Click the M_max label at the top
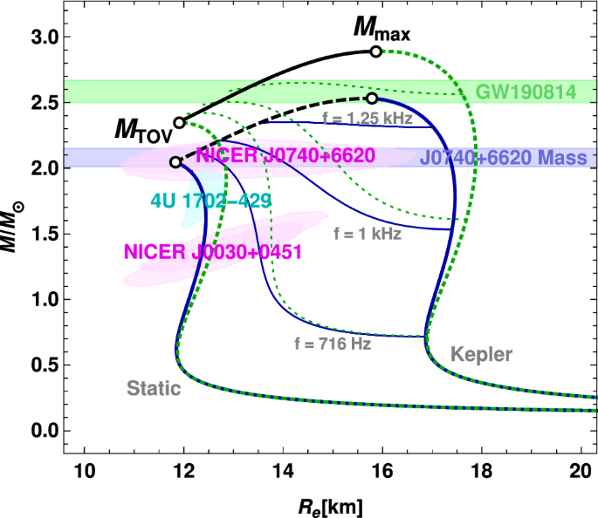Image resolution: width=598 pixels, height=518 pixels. [381, 31]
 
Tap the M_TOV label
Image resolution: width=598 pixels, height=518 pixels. [143, 130]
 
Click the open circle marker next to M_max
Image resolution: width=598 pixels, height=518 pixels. [375, 51]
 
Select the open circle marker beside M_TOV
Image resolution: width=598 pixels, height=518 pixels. [179, 123]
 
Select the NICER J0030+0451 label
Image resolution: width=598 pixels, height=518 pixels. [212, 251]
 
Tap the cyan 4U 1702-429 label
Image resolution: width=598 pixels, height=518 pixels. [210, 201]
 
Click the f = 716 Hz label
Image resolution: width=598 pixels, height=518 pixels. [333, 344]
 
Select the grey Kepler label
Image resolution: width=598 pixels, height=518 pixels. [481, 354]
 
